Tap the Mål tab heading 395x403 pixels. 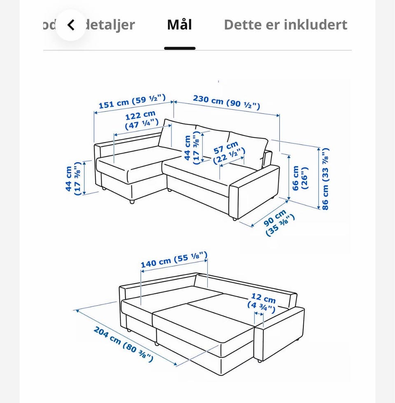pyautogui.click(x=179, y=24)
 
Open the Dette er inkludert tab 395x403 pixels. pyautogui.click(x=286, y=25)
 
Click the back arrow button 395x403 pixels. pyautogui.click(x=71, y=25)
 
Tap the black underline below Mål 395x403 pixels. pyautogui.click(x=180, y=48)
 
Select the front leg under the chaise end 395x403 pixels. pyautogui.click(x=132, y=202)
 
